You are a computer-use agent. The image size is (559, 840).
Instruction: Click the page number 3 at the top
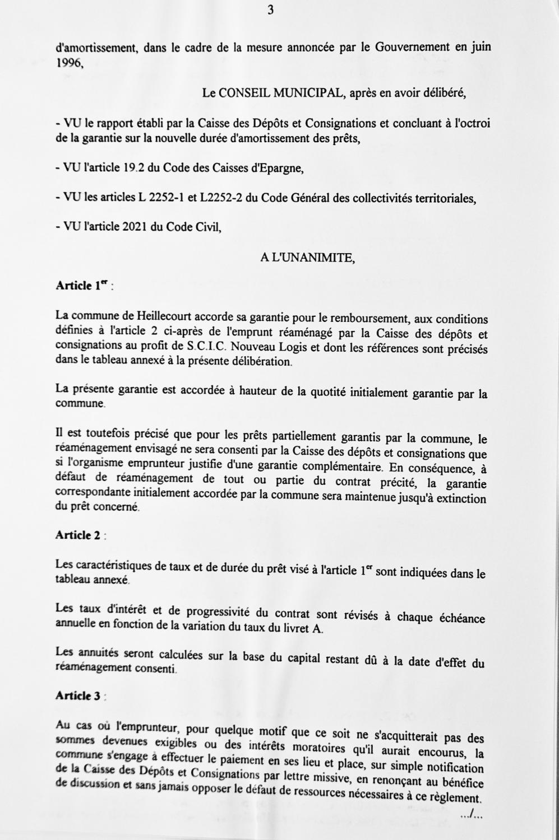click(270, 10)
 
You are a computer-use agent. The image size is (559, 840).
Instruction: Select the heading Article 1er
click(82, 286)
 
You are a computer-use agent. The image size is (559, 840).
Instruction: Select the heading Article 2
click(78, 535)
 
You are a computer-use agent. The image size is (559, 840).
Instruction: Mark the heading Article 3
click(78, 696)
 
